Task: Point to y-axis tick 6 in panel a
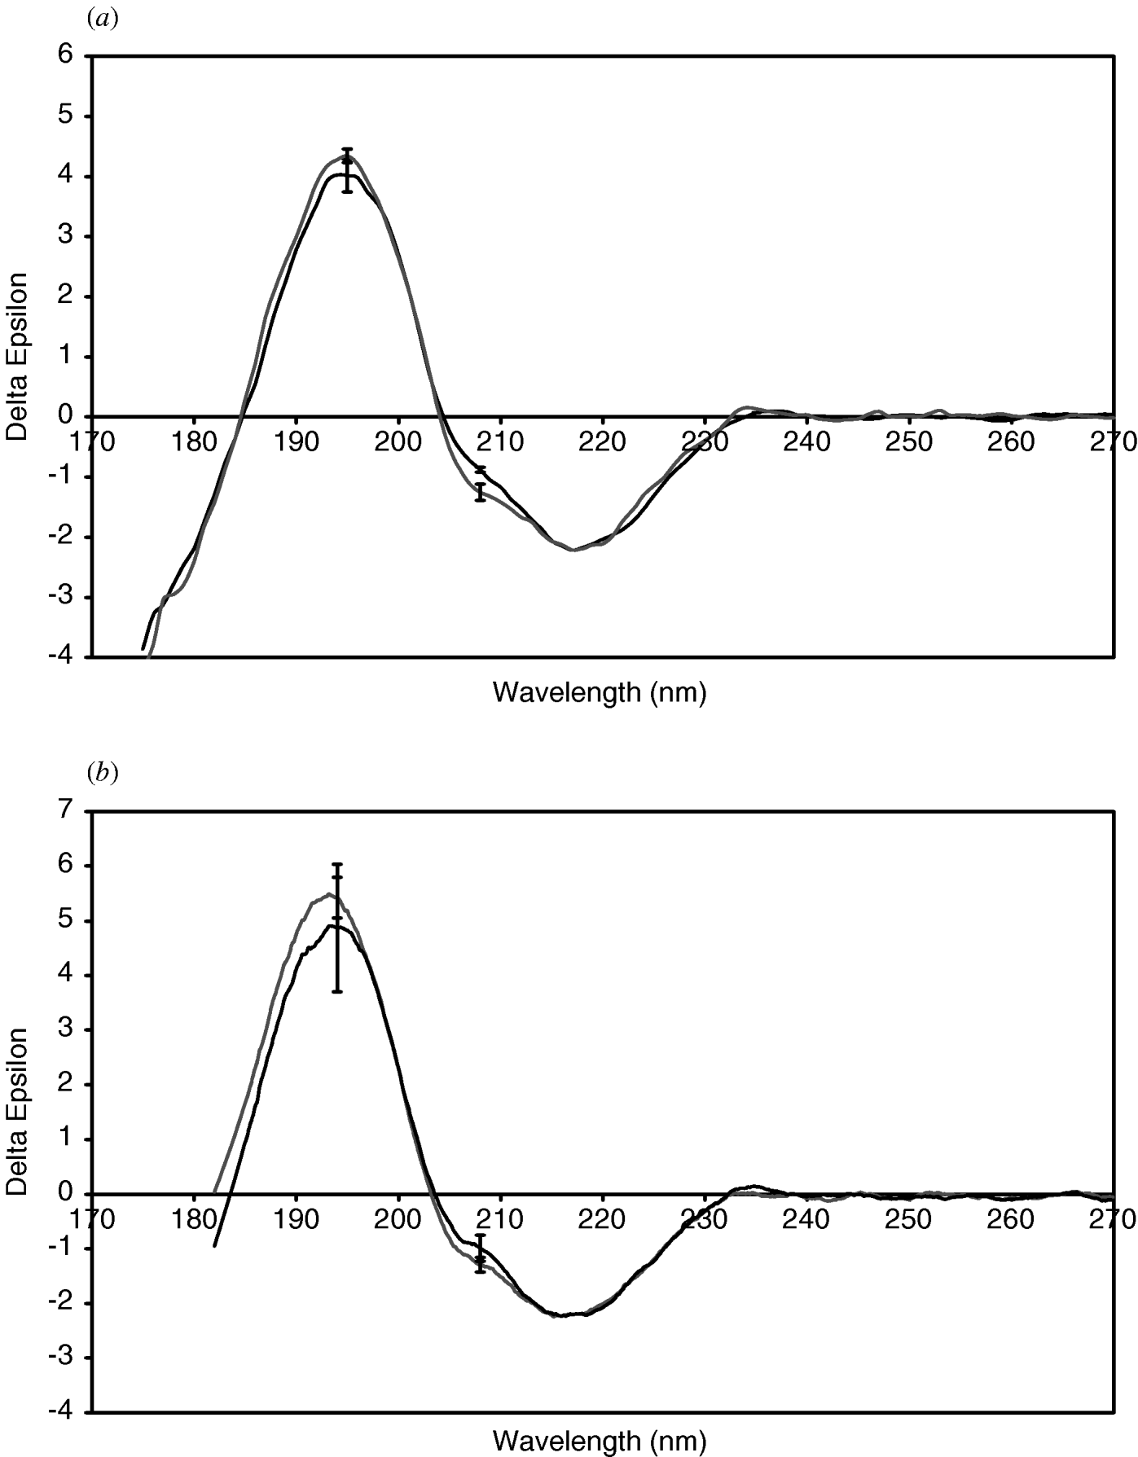[65, 55]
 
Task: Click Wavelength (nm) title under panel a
[600, 692]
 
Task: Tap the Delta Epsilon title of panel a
[18, 356]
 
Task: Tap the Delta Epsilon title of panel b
[18, 1111]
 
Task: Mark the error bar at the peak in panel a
[347, 170]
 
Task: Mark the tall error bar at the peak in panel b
[336, 928]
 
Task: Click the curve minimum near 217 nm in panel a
[573, 550]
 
